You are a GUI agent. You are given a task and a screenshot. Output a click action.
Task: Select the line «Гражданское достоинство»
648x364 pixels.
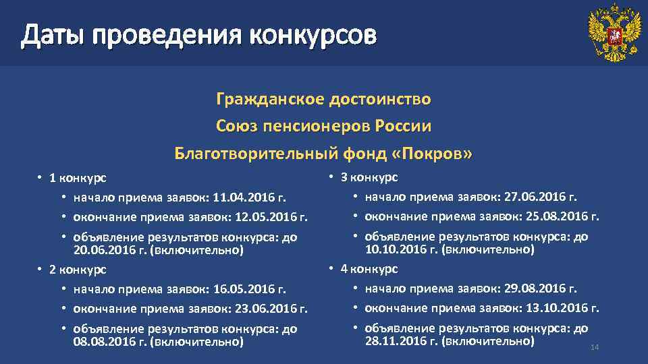click(x=323, y=100)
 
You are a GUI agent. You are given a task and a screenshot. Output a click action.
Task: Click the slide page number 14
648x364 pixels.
click(x=595, y=347)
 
